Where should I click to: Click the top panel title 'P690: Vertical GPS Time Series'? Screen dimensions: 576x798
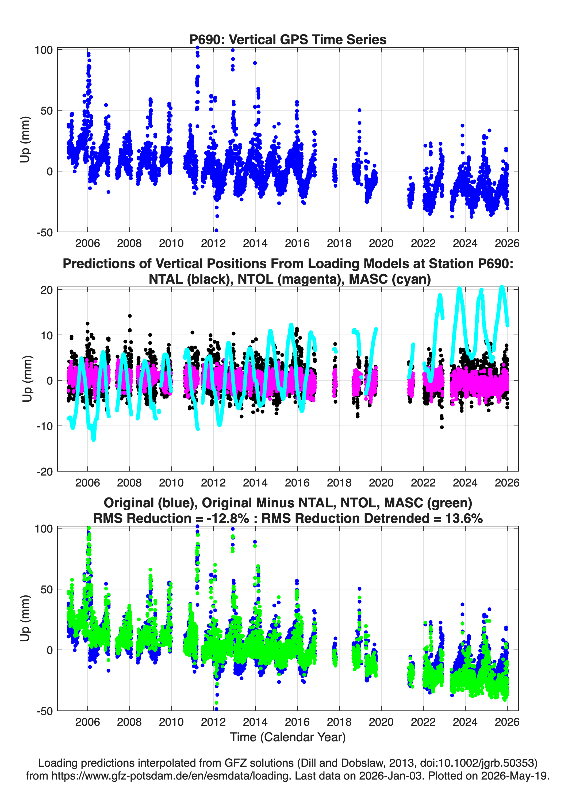click(288, 39)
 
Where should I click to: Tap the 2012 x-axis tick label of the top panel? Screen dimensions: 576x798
click(213, 243)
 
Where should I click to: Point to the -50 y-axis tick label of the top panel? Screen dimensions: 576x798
click(45, 232)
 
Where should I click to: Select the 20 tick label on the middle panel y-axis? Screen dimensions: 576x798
click(47, 290)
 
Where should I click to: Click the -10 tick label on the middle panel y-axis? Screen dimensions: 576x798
click(45, 426)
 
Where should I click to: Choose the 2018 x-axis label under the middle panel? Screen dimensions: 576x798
click(339, 482)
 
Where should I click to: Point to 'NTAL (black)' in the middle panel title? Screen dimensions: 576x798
click(190, 279)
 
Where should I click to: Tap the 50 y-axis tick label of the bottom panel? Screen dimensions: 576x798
click(47, 589)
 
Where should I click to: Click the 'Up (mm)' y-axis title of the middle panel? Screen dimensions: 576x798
click(27, 379)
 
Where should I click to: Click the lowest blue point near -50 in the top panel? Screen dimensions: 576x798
click(216, 230)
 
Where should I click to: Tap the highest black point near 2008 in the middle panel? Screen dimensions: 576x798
click(130, 316)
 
